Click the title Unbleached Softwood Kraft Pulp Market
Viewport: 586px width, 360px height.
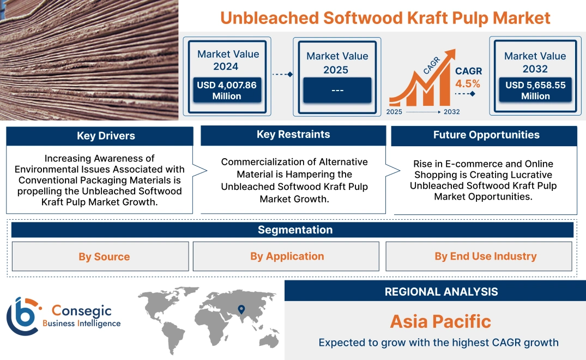(x=385, y=17)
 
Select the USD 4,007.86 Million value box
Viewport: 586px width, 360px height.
(x=227, y=91)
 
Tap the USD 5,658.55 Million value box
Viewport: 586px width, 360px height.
(x=535, y=91)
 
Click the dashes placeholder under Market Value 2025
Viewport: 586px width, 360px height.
(x=337, y=90)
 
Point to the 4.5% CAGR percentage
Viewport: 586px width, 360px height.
(x=468, y=83)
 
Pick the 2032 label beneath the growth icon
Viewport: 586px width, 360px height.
(x=451, y=112)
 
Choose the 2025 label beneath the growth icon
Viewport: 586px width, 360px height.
(x=395, y=112)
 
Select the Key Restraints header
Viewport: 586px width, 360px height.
(x=293, y=135)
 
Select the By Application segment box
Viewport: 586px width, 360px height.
(x=287, y=256)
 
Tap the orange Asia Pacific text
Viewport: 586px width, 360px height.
(x=440, y=321)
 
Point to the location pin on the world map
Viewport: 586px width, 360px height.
(x=240, y=310)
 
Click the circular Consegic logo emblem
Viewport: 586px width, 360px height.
(x=23, y=316)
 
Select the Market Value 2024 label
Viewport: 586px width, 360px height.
(x=228, y=60)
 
